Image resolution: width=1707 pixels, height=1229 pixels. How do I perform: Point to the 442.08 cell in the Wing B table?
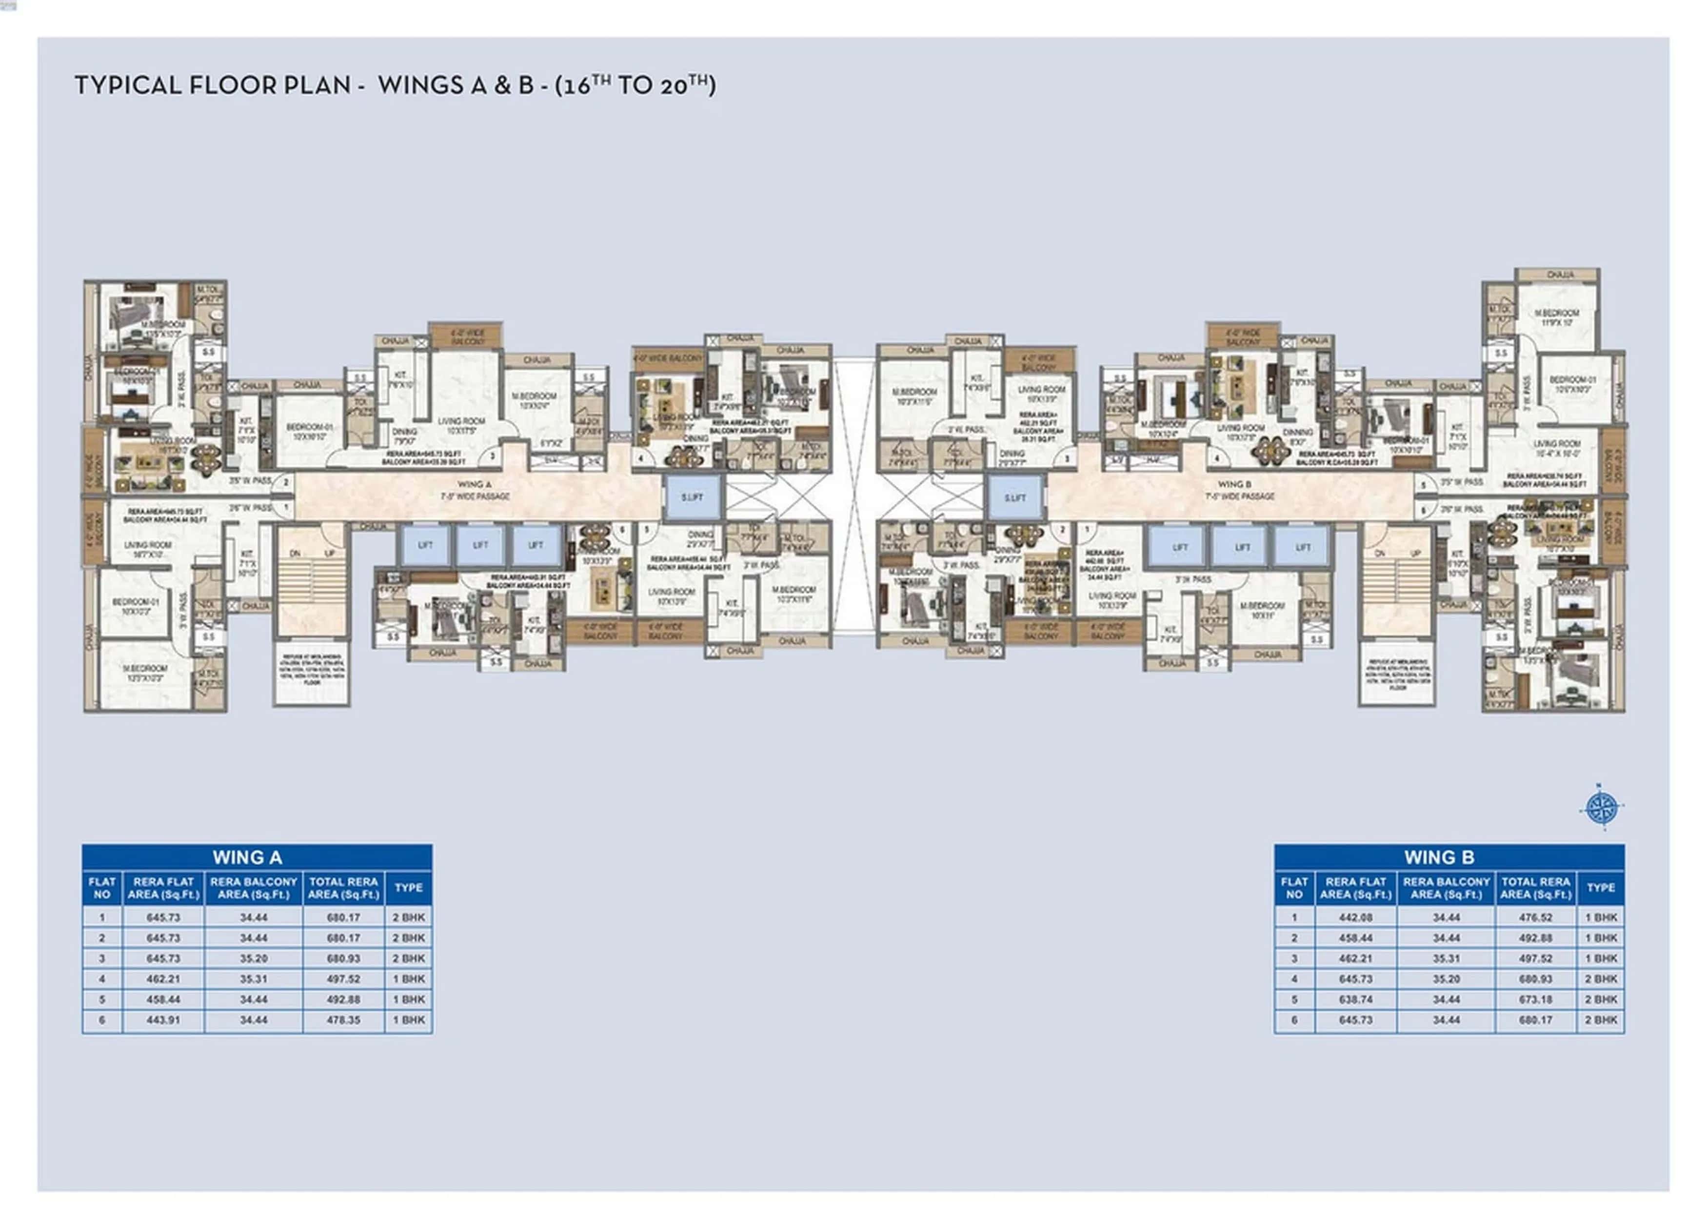pyautogui.click(x=1355, y=917)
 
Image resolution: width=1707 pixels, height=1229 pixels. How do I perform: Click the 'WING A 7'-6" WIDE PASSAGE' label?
pyautogui.click(x=475, y=491)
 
